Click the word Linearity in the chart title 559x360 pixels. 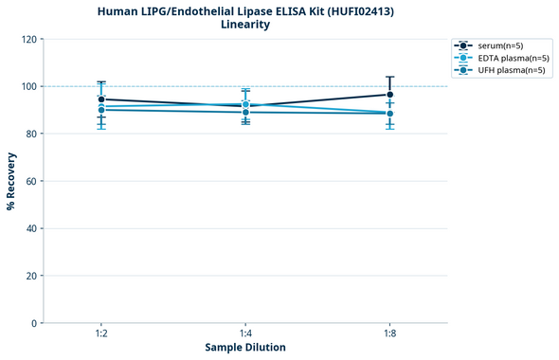pyautogui.click(x=244, y=25)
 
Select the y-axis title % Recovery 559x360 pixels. pyautogui.click(x=11, y=180)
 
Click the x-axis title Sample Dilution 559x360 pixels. pyautogui.click(x=245, y=348)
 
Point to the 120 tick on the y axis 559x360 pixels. pyautogui.click(x=30, y=39)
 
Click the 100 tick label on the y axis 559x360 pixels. pyautogui.click(x=30, y=86)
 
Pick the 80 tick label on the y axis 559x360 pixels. pyautogui.click(x=32, y=134)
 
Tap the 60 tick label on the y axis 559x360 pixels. pyautogui.click(x=32, y=181)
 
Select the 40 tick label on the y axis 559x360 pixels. pyautogui.click(x=32, y=228)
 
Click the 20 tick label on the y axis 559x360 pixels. pyautogui.click(x=32, y=276)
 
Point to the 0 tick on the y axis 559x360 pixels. pyautogui.click(x=35, y=323)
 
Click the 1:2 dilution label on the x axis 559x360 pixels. pyautogui.click(x=101, y=333)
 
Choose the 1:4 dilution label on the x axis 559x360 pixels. pyautogui.click(x=245, y=333)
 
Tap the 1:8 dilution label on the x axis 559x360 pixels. pyautogui.click(x=390, y=333)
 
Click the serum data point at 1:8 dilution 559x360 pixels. pyautogui.click(x=390, y=95)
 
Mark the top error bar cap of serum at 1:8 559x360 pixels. pyautogui.click(x=390, y=77)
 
